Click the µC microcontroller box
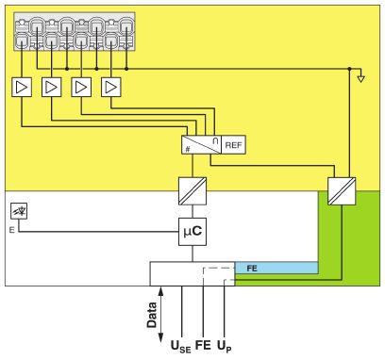click(192, 232)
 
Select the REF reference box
click(233, 145)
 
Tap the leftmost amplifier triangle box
click(22, 87)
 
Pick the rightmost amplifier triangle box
click(111, 87)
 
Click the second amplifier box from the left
click(52, 87)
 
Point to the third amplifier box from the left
click(81, 87)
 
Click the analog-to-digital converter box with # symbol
click(201, 145)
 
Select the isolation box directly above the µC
click(192, 191)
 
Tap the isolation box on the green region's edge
click(342, 191)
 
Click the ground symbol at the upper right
click(361, 77)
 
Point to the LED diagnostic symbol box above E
click(19, 211)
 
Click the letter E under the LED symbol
click(12, 230)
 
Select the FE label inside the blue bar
click(252, 269)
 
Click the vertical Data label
click(152, 315)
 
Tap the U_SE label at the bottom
click(180, 347)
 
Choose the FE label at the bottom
click(203, 345)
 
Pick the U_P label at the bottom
click(225, 346)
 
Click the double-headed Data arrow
click(160, 314)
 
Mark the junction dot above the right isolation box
click(349, 69)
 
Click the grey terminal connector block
click(75, 31)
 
